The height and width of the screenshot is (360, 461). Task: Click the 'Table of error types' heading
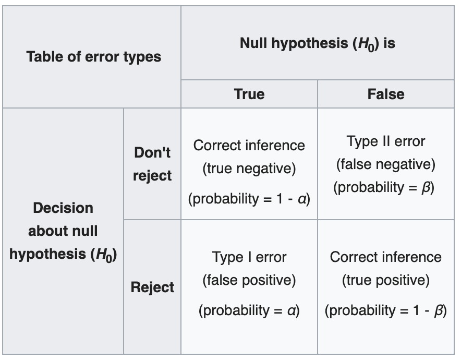tap(93, 57)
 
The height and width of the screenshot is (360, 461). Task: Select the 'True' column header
tap(249, 94)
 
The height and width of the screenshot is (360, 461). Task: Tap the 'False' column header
tap(386, 94)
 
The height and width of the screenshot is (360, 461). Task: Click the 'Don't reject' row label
tap(152, 164)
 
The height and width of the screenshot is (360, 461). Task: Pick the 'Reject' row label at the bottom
tap(152, 287)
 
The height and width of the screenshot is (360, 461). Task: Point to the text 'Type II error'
tap(386, 141)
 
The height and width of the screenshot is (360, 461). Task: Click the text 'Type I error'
tap(249, 257)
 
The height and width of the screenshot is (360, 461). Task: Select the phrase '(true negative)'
tap(249, 169)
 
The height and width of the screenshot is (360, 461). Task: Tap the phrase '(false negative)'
tap(386, 164)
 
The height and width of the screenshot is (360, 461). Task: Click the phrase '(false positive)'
tap(249, 280)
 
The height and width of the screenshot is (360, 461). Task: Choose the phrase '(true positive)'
tap(386, 280)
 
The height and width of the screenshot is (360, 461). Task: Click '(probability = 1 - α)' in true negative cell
tap(249, 199)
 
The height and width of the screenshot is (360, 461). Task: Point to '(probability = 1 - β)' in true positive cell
tap(386, 310)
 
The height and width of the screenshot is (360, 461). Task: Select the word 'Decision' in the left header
tap(63, 208)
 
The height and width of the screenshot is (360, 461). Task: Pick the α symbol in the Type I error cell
tap(292, 310)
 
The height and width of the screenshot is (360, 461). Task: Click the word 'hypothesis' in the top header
tap(310, 44)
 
